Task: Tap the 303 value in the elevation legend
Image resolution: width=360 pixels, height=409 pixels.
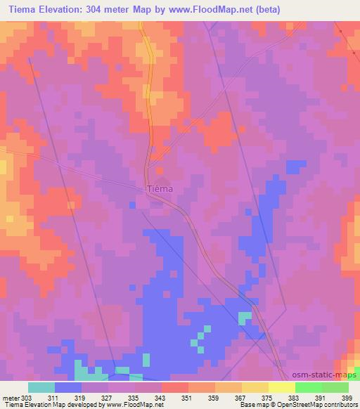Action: tap(26, 398)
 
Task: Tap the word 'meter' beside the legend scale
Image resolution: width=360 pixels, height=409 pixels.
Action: tap(10, 398)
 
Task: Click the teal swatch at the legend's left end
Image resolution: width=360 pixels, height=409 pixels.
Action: tap(41, 387)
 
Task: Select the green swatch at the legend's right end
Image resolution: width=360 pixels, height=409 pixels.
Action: tap(335, 387)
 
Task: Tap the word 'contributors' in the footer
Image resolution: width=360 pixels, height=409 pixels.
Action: tap(340, 405)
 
